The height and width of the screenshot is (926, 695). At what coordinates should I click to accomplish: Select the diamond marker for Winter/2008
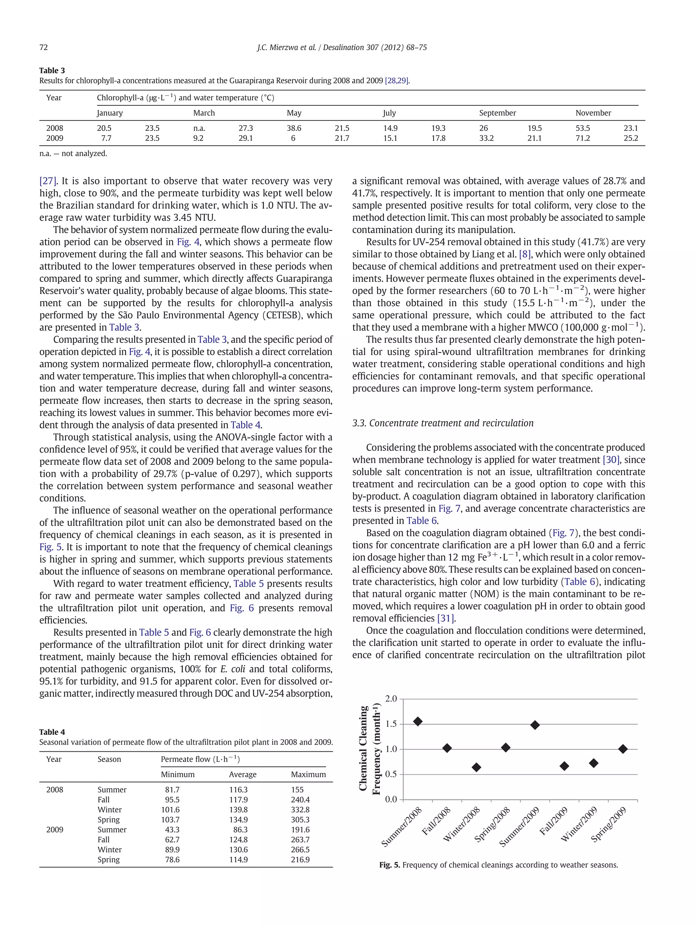pos(476,767)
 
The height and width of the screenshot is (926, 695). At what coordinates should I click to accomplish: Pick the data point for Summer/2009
pos(535,725)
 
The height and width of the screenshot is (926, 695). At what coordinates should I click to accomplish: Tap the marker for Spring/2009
pos(623,749)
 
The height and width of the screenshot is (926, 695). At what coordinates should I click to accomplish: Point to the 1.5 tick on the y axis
pos(391,724)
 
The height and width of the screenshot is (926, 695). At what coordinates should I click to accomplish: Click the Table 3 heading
pos(52,70)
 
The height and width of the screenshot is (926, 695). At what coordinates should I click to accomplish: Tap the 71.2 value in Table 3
pos(582,138)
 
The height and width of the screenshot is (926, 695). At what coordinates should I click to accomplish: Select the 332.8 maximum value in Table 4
pos(300,810)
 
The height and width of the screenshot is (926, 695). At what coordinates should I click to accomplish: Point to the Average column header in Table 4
pos(243,774)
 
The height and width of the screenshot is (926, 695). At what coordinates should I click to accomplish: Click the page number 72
pos(43,47)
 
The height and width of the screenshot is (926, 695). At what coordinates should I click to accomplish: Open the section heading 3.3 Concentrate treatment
pos(443,423)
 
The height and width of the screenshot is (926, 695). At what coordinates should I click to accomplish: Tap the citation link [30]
pos(611,460)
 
